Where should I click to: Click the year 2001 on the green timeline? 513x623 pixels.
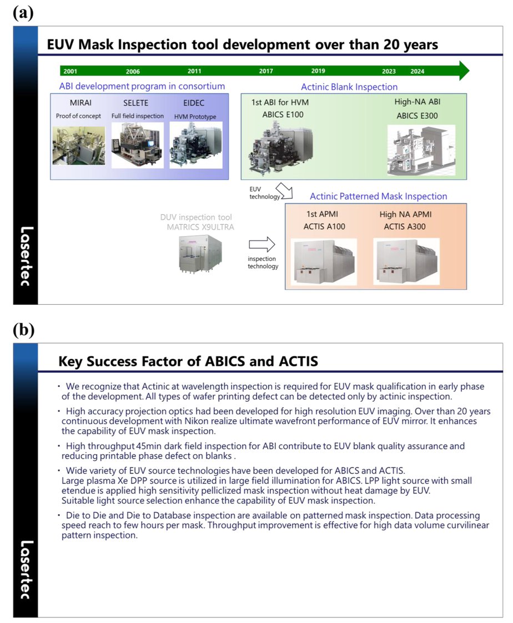[71, 72]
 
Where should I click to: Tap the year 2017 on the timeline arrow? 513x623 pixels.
[266, 71]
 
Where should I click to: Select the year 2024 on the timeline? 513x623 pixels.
[418, 72]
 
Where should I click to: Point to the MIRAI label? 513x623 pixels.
[81, 103]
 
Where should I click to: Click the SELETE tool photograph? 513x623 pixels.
[138, 144]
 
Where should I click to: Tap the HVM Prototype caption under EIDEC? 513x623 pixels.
[195, 117]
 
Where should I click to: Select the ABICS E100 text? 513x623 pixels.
[283, 115]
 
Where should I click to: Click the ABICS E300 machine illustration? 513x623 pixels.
[421, 150]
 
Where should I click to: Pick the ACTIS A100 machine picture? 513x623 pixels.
[324, 262]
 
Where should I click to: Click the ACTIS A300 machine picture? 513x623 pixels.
[406, 262]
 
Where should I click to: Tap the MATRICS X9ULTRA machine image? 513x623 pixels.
[200, 254]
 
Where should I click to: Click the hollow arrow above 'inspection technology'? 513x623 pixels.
[262, 244]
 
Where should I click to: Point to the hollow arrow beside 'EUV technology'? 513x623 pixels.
[284, 190]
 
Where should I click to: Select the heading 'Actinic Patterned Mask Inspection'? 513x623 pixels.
[378, 196]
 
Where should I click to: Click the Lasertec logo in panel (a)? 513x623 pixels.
[26, 256]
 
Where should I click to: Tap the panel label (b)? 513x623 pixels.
[23, 330]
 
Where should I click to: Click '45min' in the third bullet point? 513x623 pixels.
[149, 446]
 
